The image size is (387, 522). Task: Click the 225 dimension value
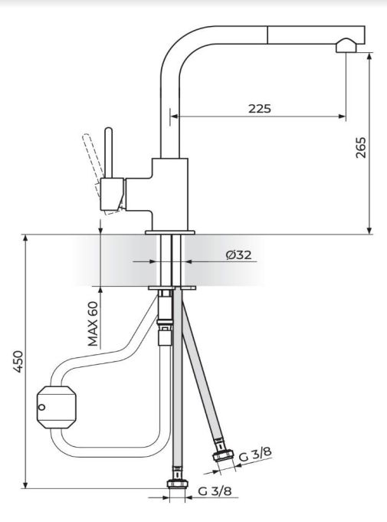pyautogui.click(x=259, y=108)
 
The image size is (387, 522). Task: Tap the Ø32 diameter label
pyautogui.click(x=239, y=254)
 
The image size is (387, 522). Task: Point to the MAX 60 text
pyautogui.click(x=93, y=323)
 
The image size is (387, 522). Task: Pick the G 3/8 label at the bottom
pyautogui.click(x=215, y=491)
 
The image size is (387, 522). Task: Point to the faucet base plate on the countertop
pyautogui.click(x=170, y=231)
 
